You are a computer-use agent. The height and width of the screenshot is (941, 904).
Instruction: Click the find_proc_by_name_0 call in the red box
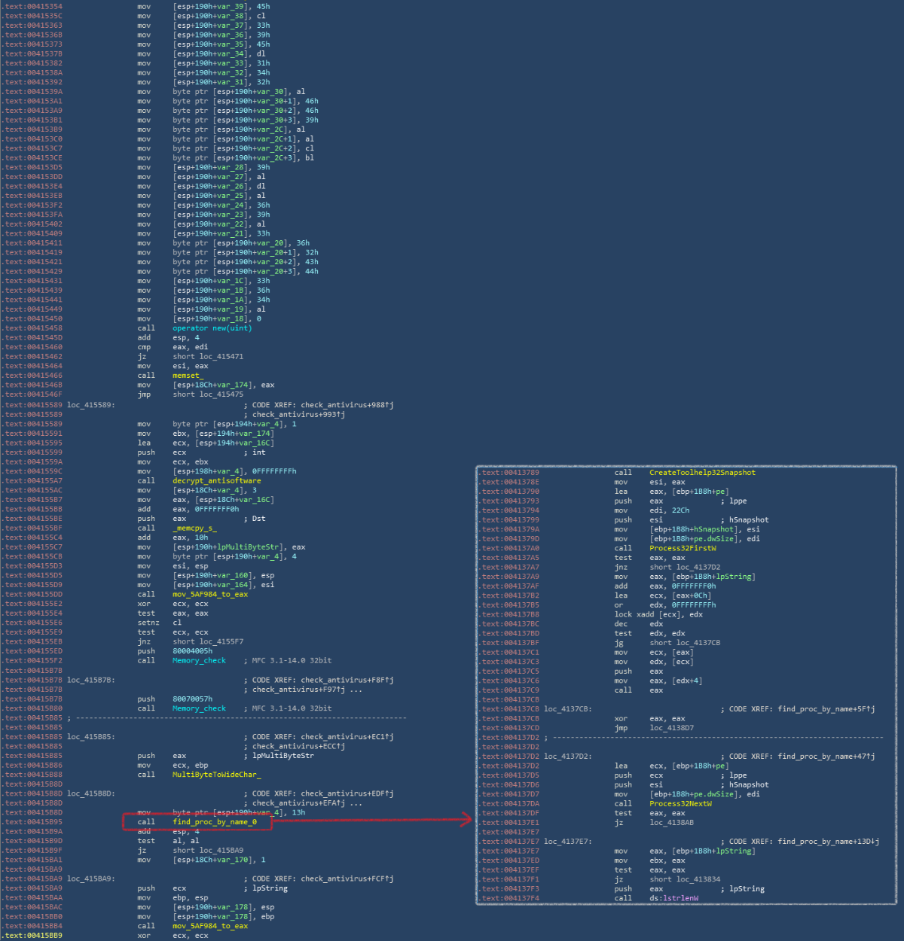pyautogui.click(x=215, y=822)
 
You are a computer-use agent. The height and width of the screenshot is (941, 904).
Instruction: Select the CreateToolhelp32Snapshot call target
pyautogui.click(x=702, y=473)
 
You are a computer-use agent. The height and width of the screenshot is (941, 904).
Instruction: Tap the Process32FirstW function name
pyautogui.click(x=680, y=548)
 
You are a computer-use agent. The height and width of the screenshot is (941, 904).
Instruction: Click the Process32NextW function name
pyautogui.click(x=680, y=803)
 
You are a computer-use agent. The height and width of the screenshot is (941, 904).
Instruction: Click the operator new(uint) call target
pyautogui.click(x=212, y=328)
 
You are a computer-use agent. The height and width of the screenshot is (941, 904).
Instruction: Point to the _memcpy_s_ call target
pyautogui.click(x=194, y=528)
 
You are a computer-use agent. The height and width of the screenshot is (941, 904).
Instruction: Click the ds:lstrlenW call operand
pyautogui.click(x=673, y=898)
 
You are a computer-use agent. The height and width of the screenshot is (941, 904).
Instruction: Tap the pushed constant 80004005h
pyautogui.click(x=192, y=651)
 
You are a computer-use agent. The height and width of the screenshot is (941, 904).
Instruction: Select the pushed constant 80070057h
pyautogui.click(x=192, y=699)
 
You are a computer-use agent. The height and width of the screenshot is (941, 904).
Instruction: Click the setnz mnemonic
pyautogui.click(x=148, y=623)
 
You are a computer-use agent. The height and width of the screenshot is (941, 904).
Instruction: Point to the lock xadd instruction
pyautogui.click(x=634, y=614)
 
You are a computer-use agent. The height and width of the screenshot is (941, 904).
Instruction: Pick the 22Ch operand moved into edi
pyautogui.click(x=681, y=510)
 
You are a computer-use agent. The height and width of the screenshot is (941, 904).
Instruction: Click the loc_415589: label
pyautogui.click(x=90, y=405)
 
